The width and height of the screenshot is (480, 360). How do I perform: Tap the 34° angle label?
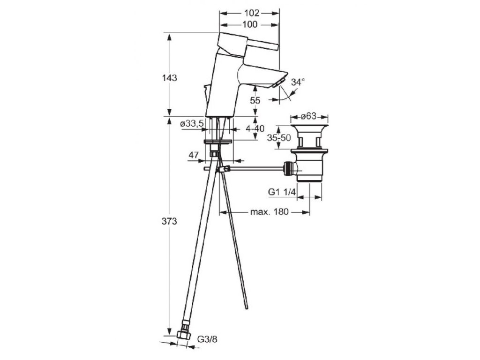point(298,82)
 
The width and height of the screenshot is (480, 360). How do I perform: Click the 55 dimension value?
point(255,100)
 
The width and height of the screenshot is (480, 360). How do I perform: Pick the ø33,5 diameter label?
point(191,124)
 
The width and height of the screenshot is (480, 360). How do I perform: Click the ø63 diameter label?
point(309,116)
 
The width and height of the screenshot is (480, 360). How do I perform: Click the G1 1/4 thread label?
point(282,191)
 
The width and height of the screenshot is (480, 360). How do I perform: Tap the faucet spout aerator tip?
point(280,84)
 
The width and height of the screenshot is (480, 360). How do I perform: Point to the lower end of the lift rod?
point(246,308)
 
